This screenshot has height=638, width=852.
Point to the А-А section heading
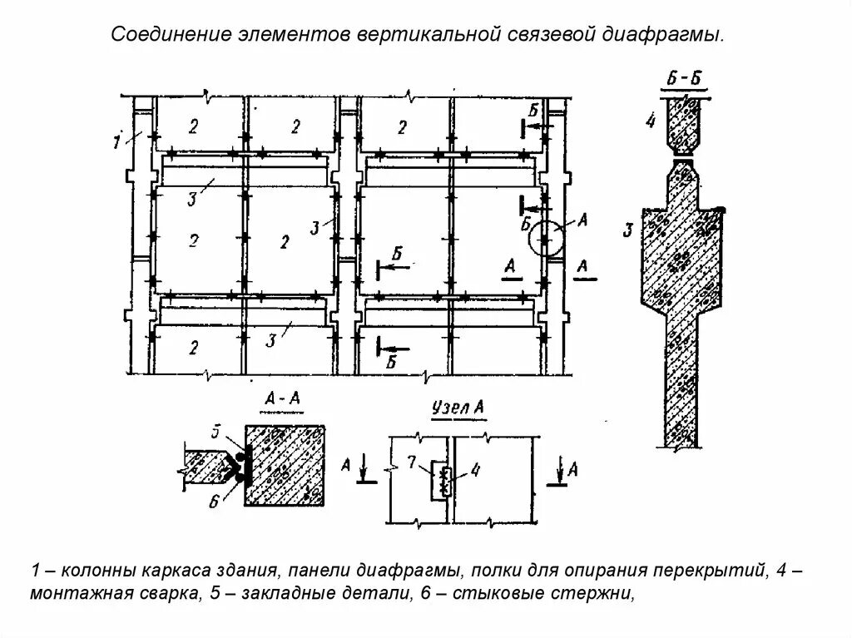(282, 401)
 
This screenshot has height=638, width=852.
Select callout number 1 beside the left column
(117, 141)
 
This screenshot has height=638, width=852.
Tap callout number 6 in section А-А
(214, 499)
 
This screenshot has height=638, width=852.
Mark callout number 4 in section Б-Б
(651, 121)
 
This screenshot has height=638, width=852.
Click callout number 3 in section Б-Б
(630, 230)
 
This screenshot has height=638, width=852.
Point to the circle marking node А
(546, 240)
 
